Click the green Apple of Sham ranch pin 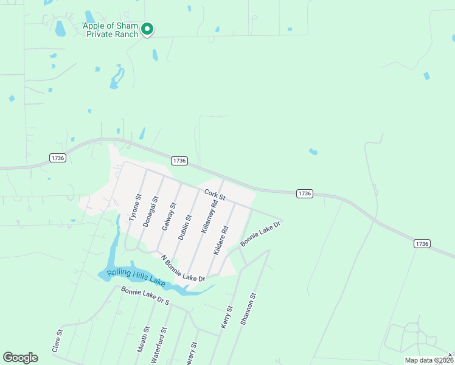(147, 29)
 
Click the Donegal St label (151, 212)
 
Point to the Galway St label (168, 217)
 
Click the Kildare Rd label (221, 240)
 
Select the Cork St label (215, 195)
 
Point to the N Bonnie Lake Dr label (183, 268)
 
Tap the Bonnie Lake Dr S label (145, 296)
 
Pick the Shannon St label (248, 308)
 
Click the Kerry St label (227, 318)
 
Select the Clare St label (58, 341)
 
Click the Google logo (20, 358)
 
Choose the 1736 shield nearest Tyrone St (179, 161)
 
